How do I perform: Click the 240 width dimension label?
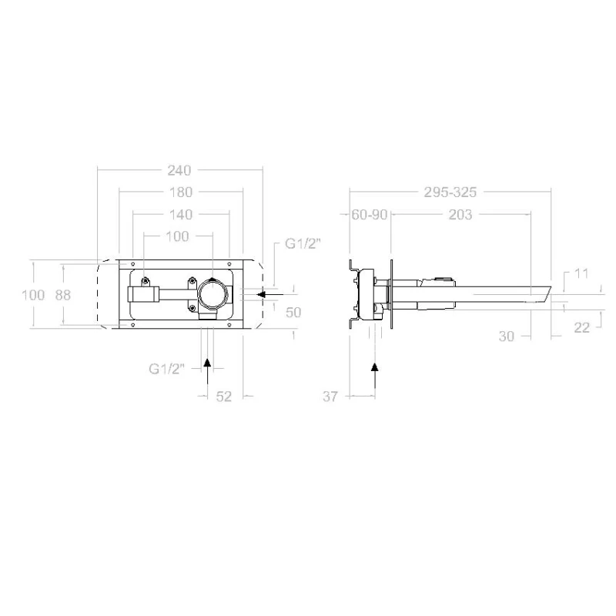tap(179, 170)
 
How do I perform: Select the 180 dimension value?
tap(181, 192)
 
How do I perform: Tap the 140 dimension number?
tap(181, 215)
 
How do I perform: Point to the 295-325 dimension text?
tap(450, 192)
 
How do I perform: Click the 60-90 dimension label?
tap(370, 215)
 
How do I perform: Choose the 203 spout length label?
tap(460, 215)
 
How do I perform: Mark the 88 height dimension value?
tap(63, 295)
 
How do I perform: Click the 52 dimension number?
tap(224, 397)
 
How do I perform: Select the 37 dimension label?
tap(330, 397)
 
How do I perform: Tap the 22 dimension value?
tap(582, 327)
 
